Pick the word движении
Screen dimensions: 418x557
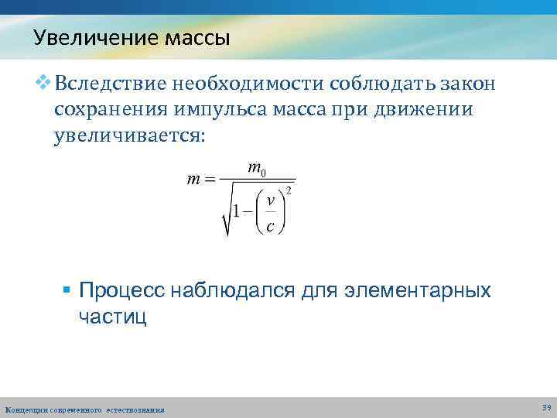(x=426, y=111)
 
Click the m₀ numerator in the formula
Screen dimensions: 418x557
(x=257, y=168)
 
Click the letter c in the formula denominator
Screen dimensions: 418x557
(x=269, y=226)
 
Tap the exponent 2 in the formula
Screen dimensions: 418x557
(x=289, y=190)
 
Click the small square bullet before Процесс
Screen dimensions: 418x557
(x=67, y=291)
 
